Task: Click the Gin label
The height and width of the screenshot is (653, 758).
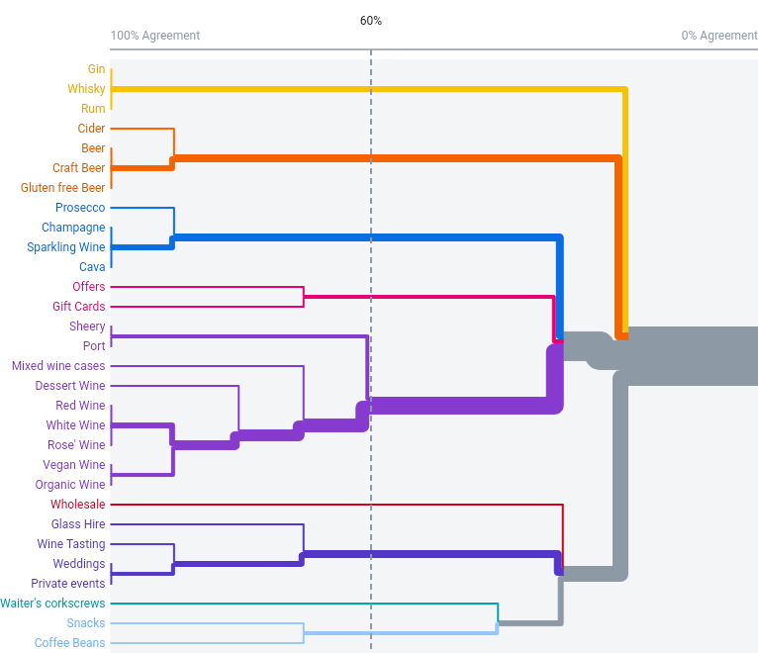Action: click(96, 69)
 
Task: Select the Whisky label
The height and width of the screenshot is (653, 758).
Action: click(86, 89)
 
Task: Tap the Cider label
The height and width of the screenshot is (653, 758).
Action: click(92, 129)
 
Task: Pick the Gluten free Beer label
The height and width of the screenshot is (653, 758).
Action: click(63, 188)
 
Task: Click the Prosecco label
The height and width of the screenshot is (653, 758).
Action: click(80, 208)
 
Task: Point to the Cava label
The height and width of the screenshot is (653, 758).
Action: click(92, 267)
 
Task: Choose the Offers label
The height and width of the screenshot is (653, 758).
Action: click(89, 287)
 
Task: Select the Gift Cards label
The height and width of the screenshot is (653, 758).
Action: click(78, 307)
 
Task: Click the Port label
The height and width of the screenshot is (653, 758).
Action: click(94, 346)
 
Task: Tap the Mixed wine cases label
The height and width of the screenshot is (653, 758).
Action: click(58, 366)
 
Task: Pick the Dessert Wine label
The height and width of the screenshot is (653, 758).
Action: click(70, 386)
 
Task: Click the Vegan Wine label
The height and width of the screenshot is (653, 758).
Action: click(73, 465)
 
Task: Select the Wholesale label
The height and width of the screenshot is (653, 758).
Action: click(77, 505)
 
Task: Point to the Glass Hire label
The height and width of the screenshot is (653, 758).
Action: click(78, 524)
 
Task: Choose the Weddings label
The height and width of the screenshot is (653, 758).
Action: click(79, 564)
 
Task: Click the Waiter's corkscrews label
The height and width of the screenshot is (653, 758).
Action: click(52, 604)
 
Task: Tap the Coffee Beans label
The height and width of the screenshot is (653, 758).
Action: click(70, 643)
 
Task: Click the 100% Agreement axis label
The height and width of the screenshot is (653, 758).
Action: click(155, 36)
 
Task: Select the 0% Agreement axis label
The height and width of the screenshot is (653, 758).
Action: click(718, 36)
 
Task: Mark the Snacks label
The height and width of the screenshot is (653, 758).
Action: click(86, 623)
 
